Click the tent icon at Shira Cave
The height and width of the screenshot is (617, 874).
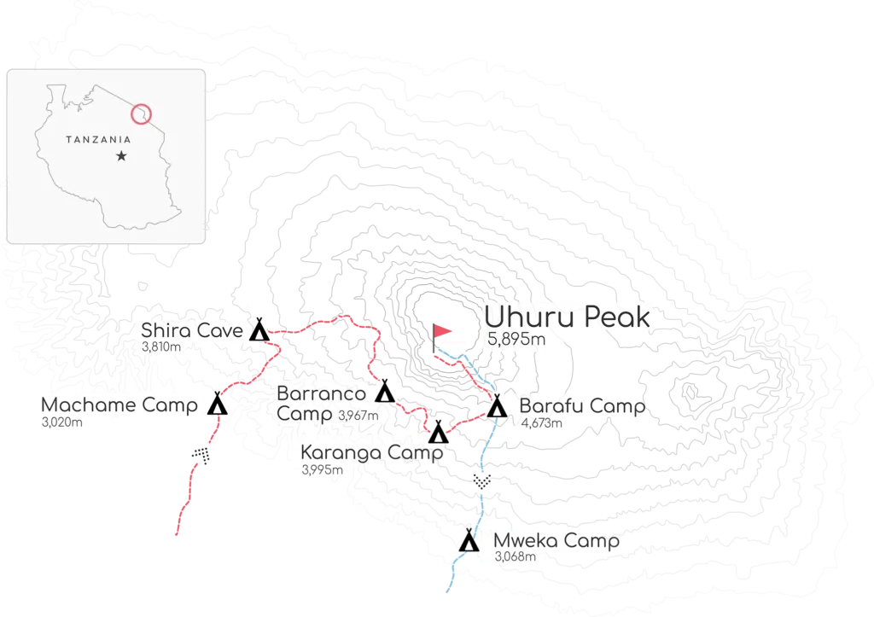258,329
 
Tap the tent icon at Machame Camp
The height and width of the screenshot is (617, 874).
217,405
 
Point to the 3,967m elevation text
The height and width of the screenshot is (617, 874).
358,416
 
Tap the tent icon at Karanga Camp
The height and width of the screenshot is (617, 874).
438,433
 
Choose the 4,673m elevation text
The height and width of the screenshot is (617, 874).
541,422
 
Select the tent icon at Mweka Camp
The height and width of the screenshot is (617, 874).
469,541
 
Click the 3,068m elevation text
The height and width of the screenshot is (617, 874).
515,557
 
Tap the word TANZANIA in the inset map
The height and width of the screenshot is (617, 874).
98,138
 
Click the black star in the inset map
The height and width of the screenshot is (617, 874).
122,156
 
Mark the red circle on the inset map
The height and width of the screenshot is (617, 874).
143,112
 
